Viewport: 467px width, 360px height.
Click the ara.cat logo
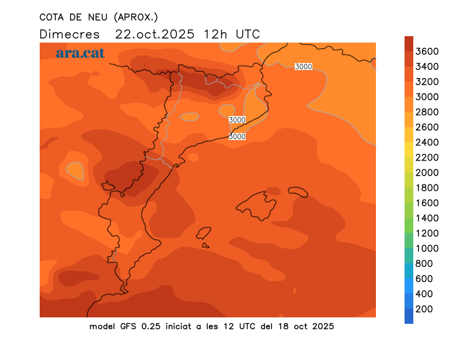tap(80, 53)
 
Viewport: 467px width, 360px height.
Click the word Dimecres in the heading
tap(69, 34)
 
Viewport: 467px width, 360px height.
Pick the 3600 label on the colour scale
tap(427, 51)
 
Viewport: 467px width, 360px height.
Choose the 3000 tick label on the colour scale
tap(427, 97)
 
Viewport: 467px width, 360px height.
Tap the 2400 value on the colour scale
tap(427, 142)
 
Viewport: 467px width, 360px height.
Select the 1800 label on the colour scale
tap(427, 188)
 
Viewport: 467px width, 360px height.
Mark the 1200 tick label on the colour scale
tap(427, 233)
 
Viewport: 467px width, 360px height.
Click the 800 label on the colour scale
tap(424, 264)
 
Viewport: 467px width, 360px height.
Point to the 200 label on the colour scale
tap(424, 309)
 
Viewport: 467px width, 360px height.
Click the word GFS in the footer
tap(130, 326)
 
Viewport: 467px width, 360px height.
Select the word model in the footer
tap(102, 326)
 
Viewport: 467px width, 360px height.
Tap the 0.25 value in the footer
tap(154, 326)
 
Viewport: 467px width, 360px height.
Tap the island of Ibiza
tap(203, 234)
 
